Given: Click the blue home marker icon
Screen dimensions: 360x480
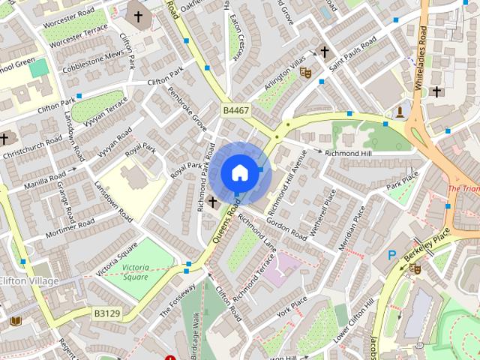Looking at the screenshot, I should click(x=238, y=172).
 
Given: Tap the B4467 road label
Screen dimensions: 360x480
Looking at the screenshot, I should click(x=235, y=110).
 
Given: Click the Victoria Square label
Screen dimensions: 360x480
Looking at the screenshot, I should click(x=138, y=271).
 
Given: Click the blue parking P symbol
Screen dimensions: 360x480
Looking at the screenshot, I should click(x=391, y=256).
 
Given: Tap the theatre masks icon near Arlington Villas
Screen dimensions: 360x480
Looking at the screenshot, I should click(x=304, y=72).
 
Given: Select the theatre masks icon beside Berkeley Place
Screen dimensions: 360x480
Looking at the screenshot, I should click(x=415, y=268).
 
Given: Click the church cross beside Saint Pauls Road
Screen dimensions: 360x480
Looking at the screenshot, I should click(x=324, y=52).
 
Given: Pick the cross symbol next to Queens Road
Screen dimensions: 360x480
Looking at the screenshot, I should click(x=213, y=202).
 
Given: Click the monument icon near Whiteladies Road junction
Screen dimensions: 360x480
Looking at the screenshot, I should click(x=400, y=113).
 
